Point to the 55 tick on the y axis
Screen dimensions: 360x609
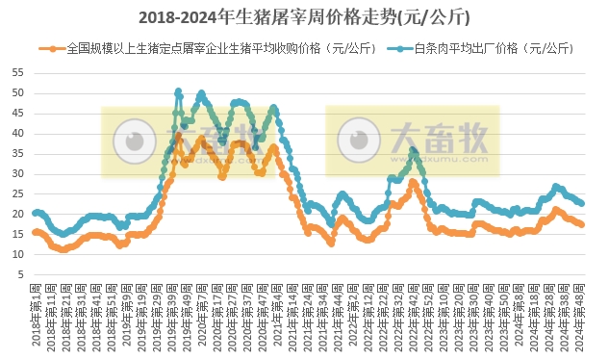click(19, 73)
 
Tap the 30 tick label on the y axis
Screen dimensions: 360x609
click(19, 174)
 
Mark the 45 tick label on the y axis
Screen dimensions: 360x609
click(19, 114)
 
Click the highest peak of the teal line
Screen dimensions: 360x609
click(178, 91)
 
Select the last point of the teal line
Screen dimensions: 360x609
click(582, 204)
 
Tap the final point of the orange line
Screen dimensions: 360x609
click(582, 225)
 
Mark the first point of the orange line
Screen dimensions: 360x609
click(35, 232)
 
